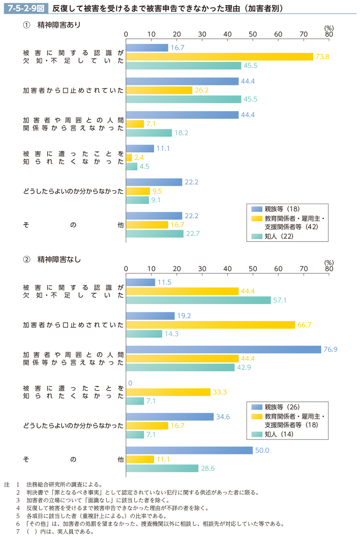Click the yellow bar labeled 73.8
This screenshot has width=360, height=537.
(x=219, y=57)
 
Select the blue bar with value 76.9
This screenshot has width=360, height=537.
(x=223, y=350)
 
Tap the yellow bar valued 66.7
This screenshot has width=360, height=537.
(x=210, y=325)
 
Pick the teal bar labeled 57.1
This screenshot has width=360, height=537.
(x=198, y=300)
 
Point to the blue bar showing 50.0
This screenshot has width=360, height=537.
(x=189, y=450)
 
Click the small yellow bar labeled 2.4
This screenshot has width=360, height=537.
(x=129, y=157)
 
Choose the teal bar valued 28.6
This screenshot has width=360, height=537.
(x=162, y=468)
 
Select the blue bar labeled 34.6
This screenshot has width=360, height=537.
(x=170, y=417)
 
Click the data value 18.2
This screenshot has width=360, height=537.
(x=179, y=133)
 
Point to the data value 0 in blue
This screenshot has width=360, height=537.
(x=130, y=383)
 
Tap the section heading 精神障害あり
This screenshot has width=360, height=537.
(x=59, y=25)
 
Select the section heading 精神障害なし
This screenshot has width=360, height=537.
(x=59, y=259)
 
